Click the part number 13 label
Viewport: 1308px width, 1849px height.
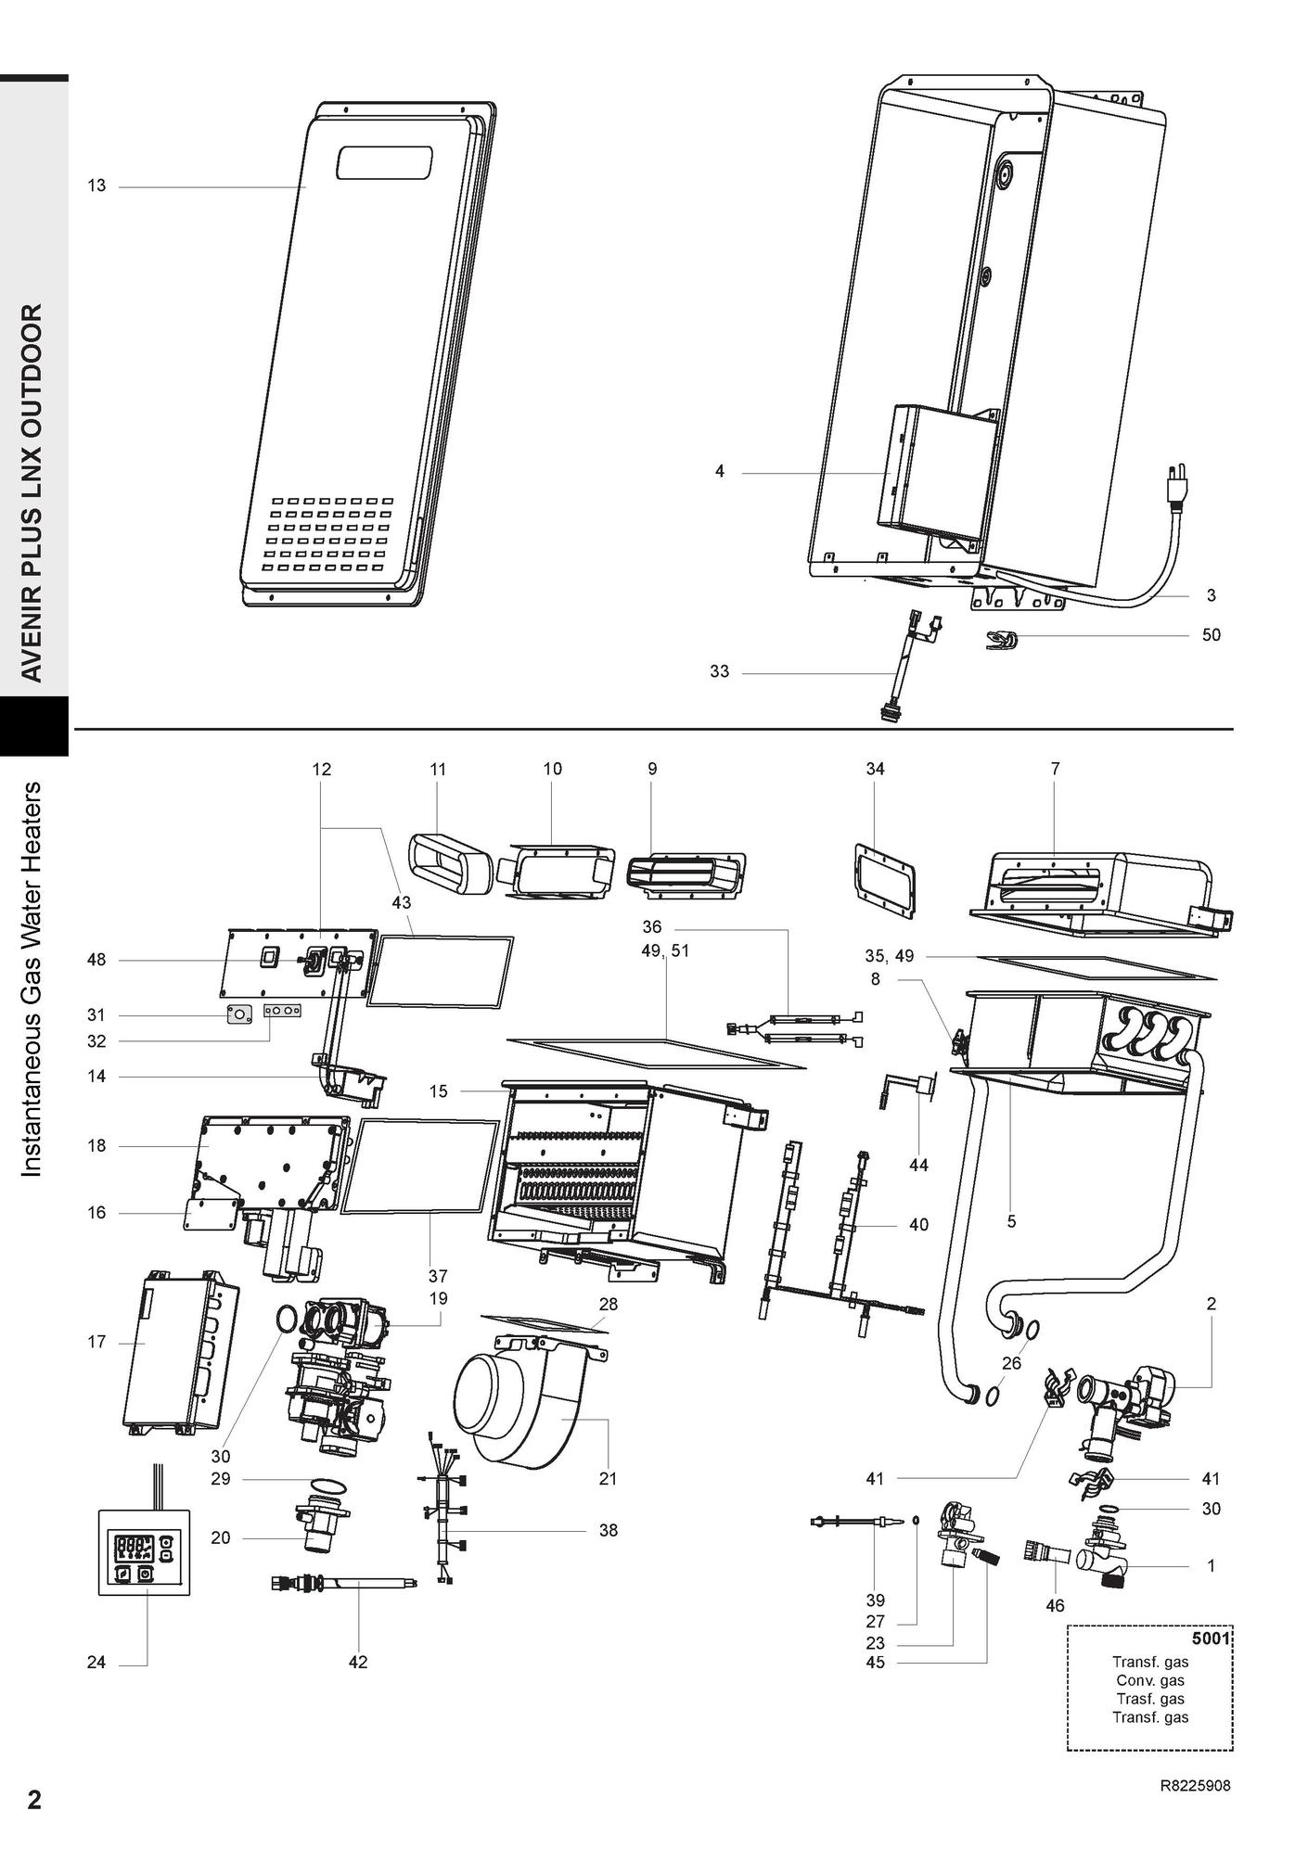click(x=96, y=186)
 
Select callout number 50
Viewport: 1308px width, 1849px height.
click(x=1211, y=635)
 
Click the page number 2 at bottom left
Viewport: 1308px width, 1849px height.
click(x=34, y=1800)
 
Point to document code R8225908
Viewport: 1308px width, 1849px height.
click(x=1196, y=1785)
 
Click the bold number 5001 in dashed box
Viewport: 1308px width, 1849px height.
click(x=1211, y=1639)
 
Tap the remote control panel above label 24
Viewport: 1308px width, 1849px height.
click(x=144, y=1552)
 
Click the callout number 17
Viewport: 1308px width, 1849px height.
click(x=96, y=1342)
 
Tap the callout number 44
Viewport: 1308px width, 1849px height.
click(x=918, y=1166)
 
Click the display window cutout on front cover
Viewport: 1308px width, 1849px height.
click(x=384, y=163)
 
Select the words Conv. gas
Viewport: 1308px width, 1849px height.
click(x=1150, y=1680)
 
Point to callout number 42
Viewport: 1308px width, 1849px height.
click(x=358, y=1663)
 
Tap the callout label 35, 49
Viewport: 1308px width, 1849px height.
click(x=889, y=956)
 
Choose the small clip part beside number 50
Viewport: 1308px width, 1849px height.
click(x=1002, y=639)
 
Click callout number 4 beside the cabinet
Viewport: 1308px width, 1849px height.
click(x=720, y=472)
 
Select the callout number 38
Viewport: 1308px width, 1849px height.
click(x=608, y=1531)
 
